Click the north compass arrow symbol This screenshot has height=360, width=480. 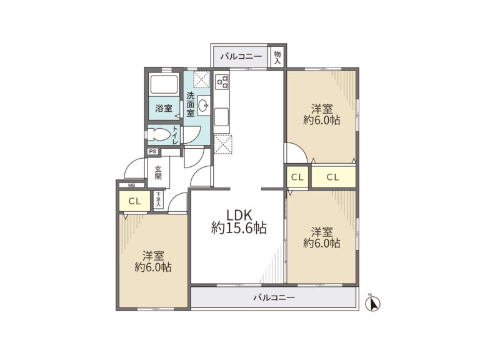pyautogui.click(x=373, y=303)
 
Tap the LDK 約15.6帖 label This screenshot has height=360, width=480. pyautogui.click(x=239, y=222)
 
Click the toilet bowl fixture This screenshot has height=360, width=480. pyautogui.click(x=158, y=134)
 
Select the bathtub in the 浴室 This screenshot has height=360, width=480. pyautogui.click(x=164, y=84)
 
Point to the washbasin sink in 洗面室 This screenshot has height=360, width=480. pyautogui.click(x=203, y=106)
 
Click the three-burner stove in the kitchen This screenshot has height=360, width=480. pyautogui.click(x=222, y=81)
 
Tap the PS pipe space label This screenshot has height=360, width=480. pyautogui.click(x=152, y=151)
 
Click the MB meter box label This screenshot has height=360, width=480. pyautogui.click(x=132, y=185)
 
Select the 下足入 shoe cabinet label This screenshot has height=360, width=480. pyautogui.click(x=158, y=200)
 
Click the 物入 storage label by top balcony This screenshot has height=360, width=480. pyautogui.click(x=277, y=57)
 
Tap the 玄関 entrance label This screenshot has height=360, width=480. pyautogui.click(x=158, y=172)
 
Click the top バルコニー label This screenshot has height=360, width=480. pyautogui.click(x=241, y=57)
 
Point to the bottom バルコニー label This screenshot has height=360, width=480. pyautogui.click(x=274, y=297)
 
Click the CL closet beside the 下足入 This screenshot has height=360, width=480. pyautogui.click(x=135, y=201)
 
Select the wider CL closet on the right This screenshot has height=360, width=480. pyautogui.click(x=334, y=177)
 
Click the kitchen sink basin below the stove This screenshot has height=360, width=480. pyautogui.click(x=221, y=117)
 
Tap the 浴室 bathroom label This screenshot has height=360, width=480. pyautogui.click(x=164, y=108)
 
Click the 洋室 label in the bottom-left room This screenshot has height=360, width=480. pyautogui.click(x=153, y=256)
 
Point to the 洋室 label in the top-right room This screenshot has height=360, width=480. pyautogui.click(x=322, y=109)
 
